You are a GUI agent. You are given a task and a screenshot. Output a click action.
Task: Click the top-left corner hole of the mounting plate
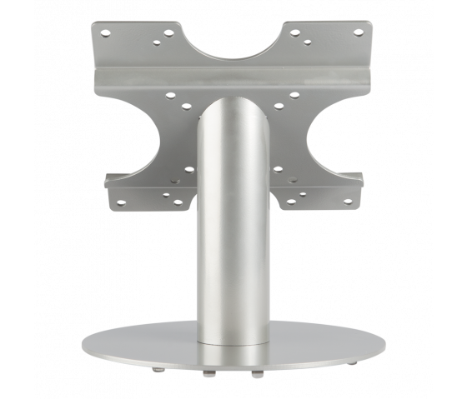point(105,32)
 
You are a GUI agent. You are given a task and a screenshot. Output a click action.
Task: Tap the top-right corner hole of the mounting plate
point(359,32)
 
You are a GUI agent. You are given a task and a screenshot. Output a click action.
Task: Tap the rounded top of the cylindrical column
point(233,103)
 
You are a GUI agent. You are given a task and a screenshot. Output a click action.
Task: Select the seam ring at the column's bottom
point(233,341)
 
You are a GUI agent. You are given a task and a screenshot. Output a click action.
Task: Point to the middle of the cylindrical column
point(233,225)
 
